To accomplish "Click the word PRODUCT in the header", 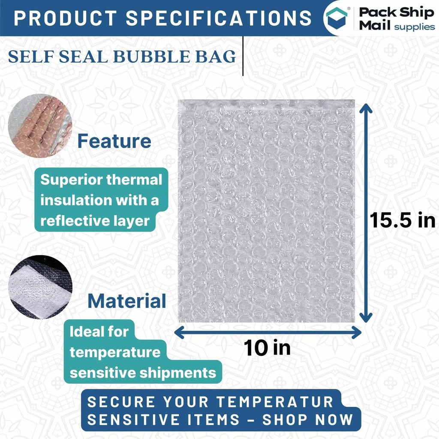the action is (x=65, y=18).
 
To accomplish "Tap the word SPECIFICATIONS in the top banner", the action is (x=219, y=18).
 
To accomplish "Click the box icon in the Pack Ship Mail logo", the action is (x=336, y=18).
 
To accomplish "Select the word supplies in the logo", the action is (x=415, y=27).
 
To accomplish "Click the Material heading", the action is (x=127, y=301).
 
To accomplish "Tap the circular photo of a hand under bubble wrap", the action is (x=40, y=126).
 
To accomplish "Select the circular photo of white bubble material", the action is (x=41, y=287).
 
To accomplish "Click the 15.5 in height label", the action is (x=402, y=220).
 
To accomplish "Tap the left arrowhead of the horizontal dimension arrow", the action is (x=179, y=332).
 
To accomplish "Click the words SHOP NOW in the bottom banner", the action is (x=308, y=420).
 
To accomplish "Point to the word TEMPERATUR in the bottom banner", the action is (x=275, y=402).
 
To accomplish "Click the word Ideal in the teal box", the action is (x=84, y=332).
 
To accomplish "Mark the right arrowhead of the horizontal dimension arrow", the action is (x=357, y=332).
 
